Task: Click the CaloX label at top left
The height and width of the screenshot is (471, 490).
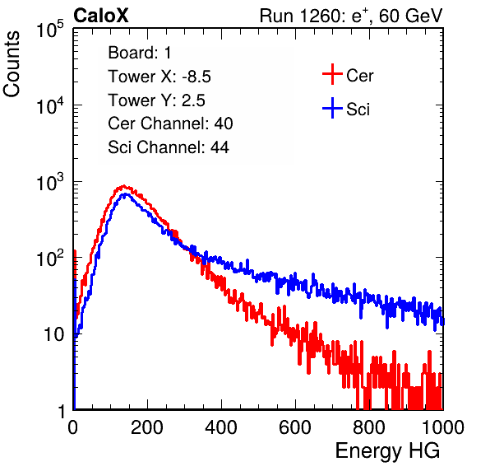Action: click(x=101, y=16)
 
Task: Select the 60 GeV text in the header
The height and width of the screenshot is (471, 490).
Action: click(x=410, y=16)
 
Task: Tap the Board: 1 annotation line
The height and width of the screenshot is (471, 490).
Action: click(x=140, y=53)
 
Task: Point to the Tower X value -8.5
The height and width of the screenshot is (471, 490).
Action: click(x=196, y=77)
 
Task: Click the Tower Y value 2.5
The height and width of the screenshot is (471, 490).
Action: click(x=193, y=100)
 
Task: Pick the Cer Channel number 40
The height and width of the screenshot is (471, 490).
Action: click(x=224, y=124)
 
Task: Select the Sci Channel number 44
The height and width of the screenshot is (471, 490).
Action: click(x=220, y=147)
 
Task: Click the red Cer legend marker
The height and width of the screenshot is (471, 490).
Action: click(x=332, y=74)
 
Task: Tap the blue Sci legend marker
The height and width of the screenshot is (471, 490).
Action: click(x=332, y=108)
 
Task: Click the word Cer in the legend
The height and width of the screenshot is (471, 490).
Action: click(x=360, y=76)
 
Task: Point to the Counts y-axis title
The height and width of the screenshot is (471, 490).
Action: click(x=12, y=64)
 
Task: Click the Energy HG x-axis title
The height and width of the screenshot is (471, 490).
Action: click(x=388, y=451)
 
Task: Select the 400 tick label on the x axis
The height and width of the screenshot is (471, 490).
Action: click(x=221, y=427)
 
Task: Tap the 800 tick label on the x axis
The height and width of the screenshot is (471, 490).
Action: click(x=369, y=427)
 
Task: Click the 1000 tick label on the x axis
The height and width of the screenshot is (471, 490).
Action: click(x=443, y=427)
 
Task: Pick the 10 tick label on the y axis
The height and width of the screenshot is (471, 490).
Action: click(x=53, y=334)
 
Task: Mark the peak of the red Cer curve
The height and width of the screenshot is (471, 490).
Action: click(x=124, y=186)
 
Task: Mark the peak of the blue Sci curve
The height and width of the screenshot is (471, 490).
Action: click(x=126, y=194)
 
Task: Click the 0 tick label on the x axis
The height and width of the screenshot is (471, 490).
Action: click(x=73, y=427)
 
